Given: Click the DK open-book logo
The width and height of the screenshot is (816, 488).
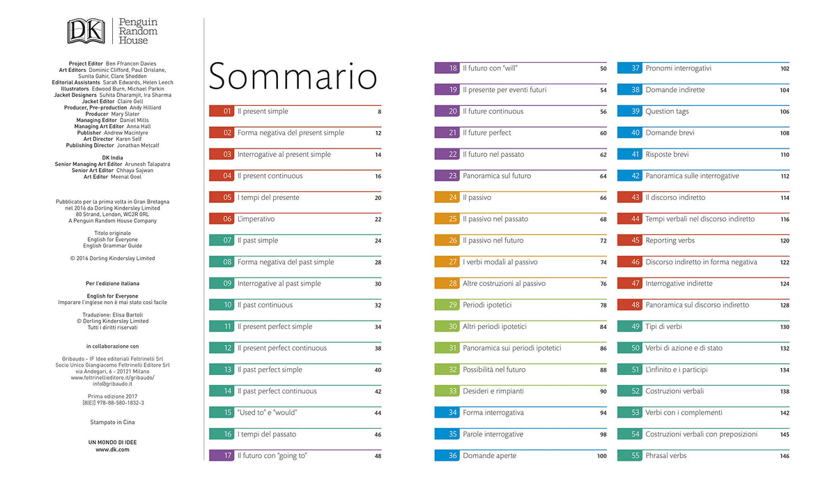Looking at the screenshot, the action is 86,31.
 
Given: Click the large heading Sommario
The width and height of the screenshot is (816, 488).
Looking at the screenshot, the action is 293,76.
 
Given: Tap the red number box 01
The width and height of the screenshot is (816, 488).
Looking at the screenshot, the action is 222,111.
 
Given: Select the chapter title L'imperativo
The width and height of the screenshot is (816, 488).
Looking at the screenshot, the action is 256,219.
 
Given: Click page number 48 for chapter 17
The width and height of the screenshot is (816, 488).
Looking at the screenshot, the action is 378,456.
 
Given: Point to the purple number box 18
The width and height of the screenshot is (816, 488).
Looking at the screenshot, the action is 447,68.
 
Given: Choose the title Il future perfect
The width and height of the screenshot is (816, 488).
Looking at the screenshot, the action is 487,133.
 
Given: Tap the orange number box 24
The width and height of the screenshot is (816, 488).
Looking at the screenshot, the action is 447,197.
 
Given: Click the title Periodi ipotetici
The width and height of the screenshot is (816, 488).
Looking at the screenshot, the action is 487,305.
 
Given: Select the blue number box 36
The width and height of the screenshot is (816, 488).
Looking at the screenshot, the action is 447,456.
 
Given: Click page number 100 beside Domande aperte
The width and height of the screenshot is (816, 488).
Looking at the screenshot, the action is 601,456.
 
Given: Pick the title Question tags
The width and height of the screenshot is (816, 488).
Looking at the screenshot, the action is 667,112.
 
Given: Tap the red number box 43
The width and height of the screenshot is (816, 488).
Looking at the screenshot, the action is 630,197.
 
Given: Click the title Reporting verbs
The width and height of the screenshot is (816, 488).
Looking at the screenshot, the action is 670,241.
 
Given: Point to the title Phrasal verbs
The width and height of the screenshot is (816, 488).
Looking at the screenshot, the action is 666,456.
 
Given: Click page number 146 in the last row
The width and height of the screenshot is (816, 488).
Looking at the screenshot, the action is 785,456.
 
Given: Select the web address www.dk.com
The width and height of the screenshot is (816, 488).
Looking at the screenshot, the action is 112,450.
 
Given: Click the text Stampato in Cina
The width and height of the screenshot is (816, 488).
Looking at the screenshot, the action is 112,422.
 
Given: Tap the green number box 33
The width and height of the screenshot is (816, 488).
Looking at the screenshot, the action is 447,391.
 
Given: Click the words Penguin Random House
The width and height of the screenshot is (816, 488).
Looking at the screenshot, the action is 138,31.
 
